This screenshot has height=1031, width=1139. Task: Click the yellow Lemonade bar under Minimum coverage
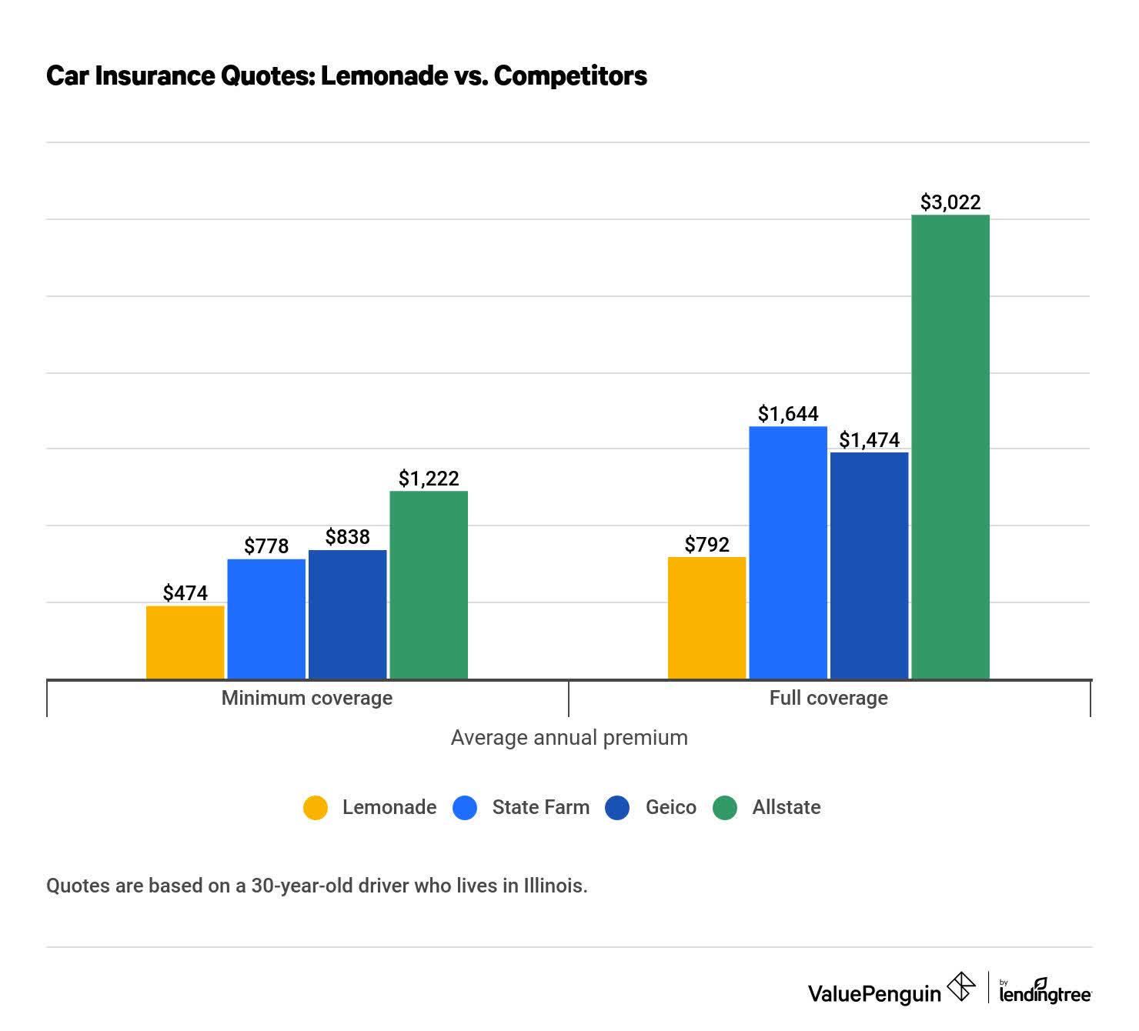(x=185, y=642)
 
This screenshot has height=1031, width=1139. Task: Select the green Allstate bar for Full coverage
(x=950, y=446)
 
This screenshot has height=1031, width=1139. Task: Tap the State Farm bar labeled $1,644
(x=788, y=552)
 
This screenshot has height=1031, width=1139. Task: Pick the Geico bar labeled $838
(x=347, y=614)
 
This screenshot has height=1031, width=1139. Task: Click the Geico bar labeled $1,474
(x=870, y=566)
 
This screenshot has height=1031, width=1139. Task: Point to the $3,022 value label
(x=950, y=202)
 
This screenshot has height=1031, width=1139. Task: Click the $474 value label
(x=185, y=593)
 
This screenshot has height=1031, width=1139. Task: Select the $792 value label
(x=706, y=545)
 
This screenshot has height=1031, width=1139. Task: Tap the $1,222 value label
(x=429, y=479)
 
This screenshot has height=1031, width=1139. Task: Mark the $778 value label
(x=266, y=546)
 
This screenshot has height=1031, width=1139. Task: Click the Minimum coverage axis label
(x=307, y=698)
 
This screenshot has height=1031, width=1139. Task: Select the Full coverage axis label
(x=829, y=698)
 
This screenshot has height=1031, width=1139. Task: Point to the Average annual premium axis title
(x=569, y=738)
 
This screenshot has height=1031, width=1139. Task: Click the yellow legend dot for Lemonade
(x=316, y=807)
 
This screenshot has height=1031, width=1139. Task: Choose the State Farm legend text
(x=540, y=807)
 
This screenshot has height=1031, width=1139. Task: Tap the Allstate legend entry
(x=786, y=807)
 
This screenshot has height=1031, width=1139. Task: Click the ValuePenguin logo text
(x=874, y=993)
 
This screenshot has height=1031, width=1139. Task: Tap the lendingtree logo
(x=1045, y=993)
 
